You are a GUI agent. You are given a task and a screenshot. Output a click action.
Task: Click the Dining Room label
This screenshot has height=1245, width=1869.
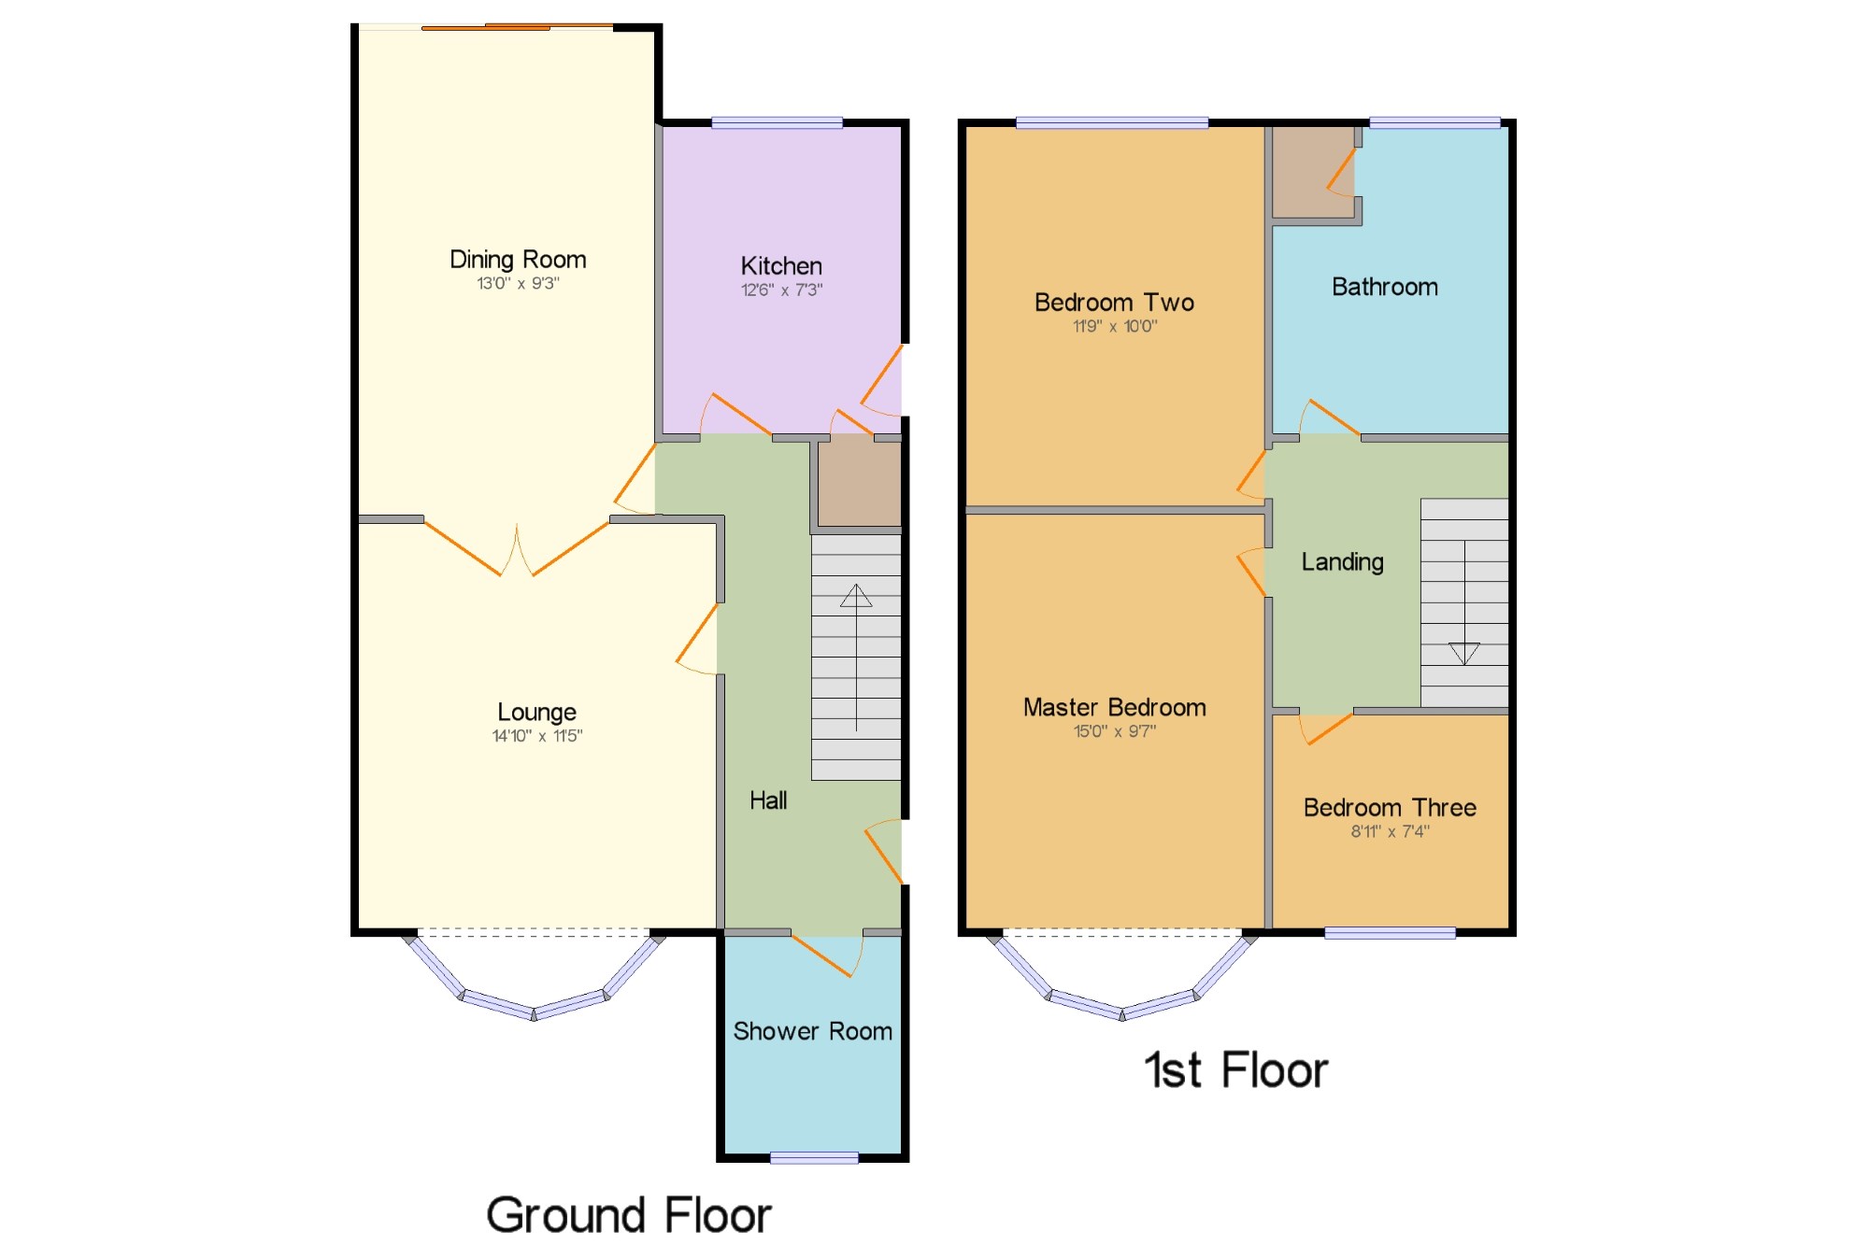tap(518, 260)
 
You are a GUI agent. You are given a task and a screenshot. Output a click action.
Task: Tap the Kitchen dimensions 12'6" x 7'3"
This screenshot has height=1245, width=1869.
tap(781, 290)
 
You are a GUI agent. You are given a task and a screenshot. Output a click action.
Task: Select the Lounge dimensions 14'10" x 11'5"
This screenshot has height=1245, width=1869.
tap(537, 736)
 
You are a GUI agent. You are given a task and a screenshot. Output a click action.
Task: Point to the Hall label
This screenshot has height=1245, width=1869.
tap(768, 800)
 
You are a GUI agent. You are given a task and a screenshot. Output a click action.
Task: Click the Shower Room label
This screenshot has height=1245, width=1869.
tap(812, 1031)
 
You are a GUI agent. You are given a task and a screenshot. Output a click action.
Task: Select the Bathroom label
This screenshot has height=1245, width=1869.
tap(1385, 287)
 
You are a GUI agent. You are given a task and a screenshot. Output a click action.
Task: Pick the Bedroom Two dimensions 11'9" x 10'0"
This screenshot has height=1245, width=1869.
tap(1115, 326)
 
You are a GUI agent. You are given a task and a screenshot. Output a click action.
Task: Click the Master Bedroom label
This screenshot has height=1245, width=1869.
tap(1115, 707)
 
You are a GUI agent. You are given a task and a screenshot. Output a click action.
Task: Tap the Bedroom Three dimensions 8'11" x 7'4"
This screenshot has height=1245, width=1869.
tap(1390, 831)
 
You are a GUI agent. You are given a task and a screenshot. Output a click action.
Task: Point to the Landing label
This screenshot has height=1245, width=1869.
tap(1343, 561)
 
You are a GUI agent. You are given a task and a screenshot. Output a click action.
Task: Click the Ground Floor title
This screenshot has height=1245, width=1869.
tap(629, 1215)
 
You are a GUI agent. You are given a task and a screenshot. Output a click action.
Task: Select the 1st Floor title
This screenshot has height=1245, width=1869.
tap(1235, 1069)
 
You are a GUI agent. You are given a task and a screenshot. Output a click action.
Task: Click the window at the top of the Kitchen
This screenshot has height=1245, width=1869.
tap(777, 122)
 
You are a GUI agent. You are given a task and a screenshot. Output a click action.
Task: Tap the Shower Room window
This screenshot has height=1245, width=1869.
tap(814, 1158)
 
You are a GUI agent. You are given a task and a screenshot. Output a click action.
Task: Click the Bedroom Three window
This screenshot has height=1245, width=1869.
tap(1390, 932)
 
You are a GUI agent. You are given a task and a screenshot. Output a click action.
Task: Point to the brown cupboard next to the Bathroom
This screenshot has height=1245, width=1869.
tap(1313, 172)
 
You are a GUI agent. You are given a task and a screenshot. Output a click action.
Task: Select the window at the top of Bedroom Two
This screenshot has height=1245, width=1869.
tap(1112, 122)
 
